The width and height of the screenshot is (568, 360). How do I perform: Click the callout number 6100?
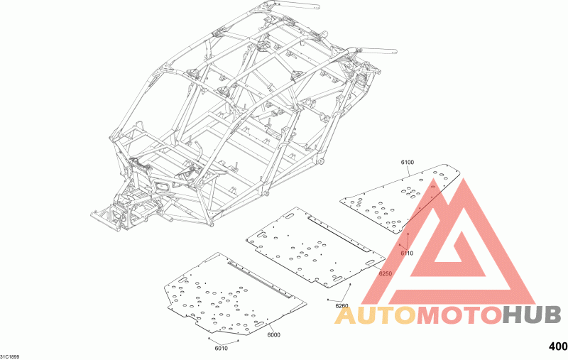click(407, 163)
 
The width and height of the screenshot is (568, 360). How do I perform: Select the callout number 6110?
click(407, 253)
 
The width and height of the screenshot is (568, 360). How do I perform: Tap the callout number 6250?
click(385, 273)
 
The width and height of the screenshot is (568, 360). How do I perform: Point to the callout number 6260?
click(342, 306)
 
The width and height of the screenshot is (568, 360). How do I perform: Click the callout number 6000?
click(273, 335)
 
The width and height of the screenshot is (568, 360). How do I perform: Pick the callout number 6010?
click(221, 349)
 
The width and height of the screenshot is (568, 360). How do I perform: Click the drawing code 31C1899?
click(10, 356)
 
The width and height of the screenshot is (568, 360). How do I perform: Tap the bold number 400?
click(558, 347)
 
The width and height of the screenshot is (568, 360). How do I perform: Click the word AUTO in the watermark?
click(376, 315)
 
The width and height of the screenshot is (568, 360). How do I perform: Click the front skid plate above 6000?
click(236, 294)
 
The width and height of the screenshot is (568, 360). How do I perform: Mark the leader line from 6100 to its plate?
click(409, 170)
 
